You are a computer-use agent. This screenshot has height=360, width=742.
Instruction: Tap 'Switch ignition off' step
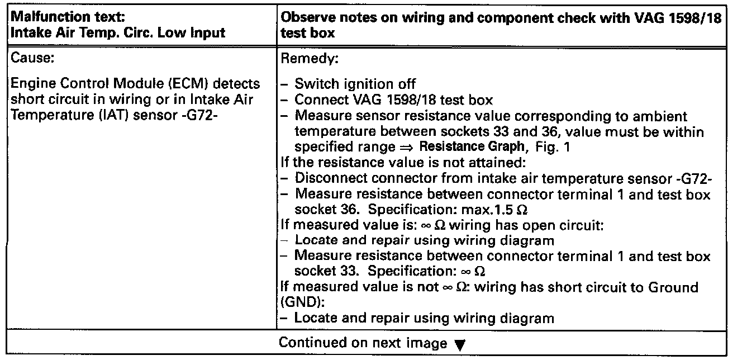tap(355, 83)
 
